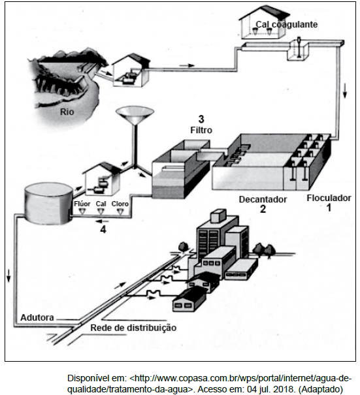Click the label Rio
click(x=67, y=112)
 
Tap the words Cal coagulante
click(x=287, y=24)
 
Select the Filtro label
click(x=201, y=130)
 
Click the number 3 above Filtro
click(x=201, y=119)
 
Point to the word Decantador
click(x=263, y=199)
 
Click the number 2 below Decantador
click(x=263, y=209)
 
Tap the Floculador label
click(x=329, y=198)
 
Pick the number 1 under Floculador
click(x=329, y=208)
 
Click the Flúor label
click(x=82, y=204)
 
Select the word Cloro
click(x=120, y=204)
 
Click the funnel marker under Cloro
click(x=120, y=212)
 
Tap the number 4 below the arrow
click(x=103, y=230)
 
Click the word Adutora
click(x=37, y=317)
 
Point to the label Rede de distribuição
click(x=133, y=328)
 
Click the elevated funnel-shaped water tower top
click(x=135, y=115)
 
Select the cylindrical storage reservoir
click(x=48, y=203)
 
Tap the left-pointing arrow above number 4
click(x=103, y=221)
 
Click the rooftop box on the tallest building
click(x=218, y=215)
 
